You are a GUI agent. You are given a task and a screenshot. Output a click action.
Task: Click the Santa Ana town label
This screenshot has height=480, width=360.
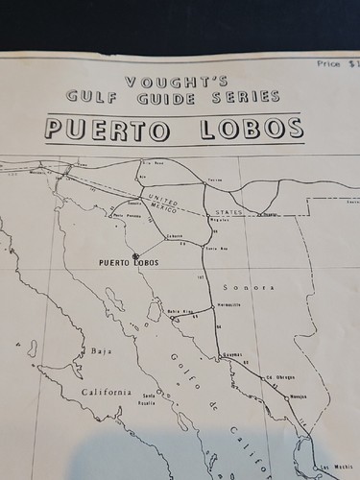click(215, 249)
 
